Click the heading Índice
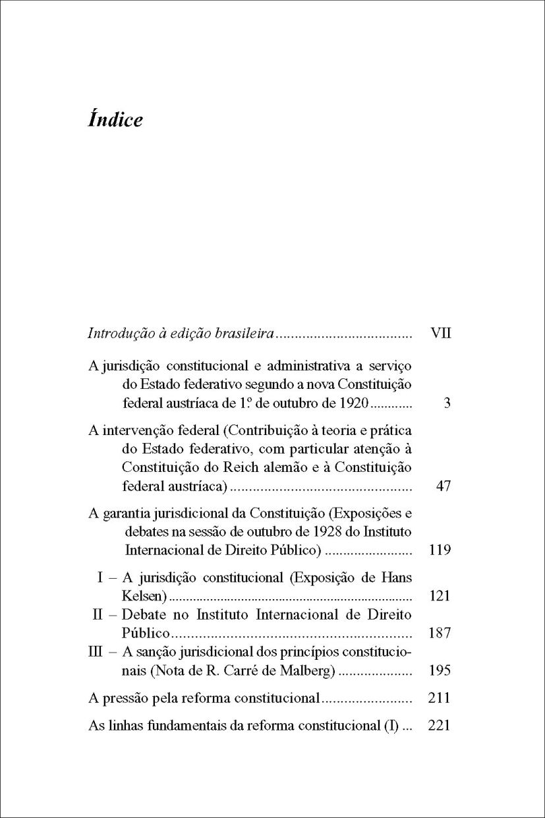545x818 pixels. coord(115,120)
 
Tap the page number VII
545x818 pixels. coord(440,334)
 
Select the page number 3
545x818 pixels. coord(447,403)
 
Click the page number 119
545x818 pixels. coord(440,550)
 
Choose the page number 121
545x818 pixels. coord(440,597)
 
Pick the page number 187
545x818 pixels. coord(440,633)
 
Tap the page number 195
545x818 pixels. coord(440,671)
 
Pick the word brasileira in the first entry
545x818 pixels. coord(244,334)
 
